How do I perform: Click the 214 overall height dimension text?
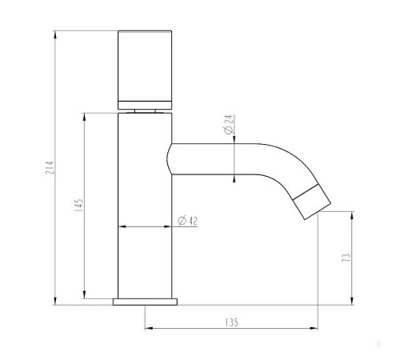(49, 169)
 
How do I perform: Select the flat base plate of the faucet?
(145, 302)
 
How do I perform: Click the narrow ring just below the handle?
(145, 102)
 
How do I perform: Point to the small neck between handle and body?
(145, 110)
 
